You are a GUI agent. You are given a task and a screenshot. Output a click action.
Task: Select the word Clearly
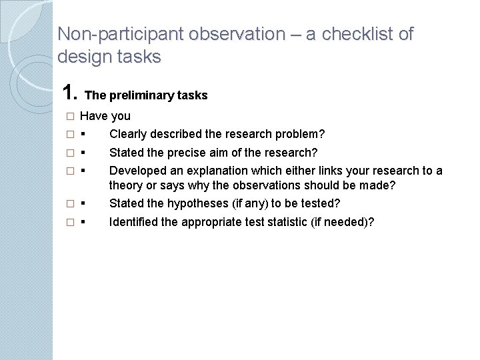coord(127,134)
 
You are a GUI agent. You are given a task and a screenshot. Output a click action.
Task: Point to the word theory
coord(125,186)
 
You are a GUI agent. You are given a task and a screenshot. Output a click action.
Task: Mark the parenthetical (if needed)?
coord(341,221)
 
